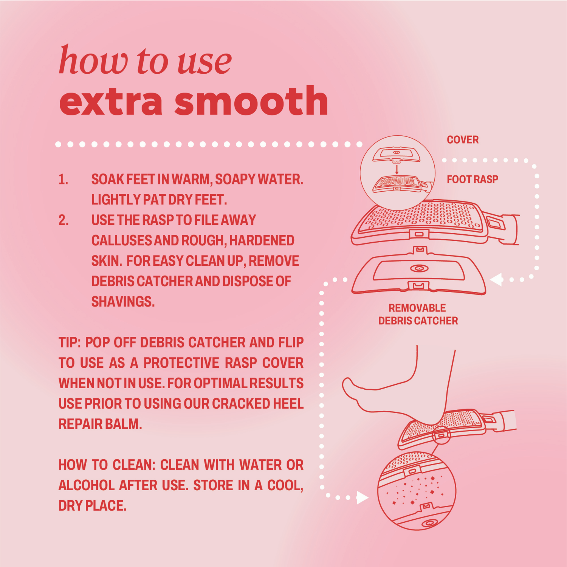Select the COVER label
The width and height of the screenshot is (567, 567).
(463, 140)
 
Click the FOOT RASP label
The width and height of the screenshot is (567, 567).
(472, 179)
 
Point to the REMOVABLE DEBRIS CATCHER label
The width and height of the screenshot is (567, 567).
(418, 314)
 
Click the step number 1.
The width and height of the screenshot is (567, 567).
(63, 180)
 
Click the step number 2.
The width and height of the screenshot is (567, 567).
(64, 220)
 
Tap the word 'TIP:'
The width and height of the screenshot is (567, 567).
(70, 342)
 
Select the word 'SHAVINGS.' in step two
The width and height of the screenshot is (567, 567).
(123, 302)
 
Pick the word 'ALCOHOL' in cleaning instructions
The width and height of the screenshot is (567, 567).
(86, 485)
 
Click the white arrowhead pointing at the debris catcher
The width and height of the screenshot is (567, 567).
(496, 280)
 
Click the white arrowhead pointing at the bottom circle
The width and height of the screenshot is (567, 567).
(362, 498)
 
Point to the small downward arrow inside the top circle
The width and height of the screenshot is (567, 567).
(397, 169)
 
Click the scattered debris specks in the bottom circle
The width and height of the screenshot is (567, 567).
(416, 490)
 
